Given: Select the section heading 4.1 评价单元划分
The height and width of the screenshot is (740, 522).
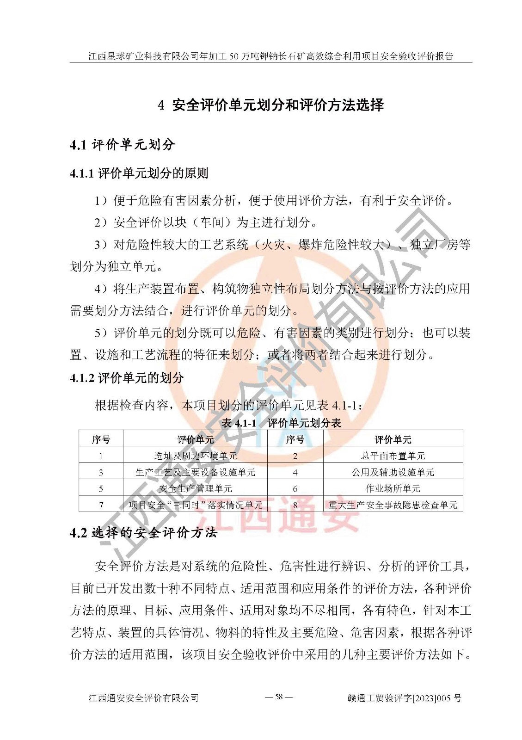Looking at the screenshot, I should [122, 145].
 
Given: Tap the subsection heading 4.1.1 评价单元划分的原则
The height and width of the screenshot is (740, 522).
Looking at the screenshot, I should [139, 173].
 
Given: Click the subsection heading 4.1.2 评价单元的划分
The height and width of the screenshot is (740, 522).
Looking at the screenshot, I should [127, 378].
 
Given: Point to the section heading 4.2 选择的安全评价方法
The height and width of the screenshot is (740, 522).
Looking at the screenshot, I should [143, 533].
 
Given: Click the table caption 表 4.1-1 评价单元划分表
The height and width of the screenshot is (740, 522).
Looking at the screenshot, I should [281, 423].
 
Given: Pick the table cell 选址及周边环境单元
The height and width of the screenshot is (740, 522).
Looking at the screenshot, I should [195, 456].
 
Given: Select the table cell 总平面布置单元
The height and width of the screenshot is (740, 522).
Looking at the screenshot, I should [393, 456].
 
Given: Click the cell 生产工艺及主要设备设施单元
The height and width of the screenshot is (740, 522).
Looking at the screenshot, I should [195, 472].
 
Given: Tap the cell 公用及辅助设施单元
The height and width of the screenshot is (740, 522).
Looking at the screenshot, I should [393, 472].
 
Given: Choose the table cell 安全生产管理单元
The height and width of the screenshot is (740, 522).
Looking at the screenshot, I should [195, 488].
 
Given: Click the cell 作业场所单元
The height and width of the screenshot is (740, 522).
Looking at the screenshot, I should [393, 488].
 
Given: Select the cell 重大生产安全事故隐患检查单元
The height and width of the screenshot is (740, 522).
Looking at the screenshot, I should [393, 505].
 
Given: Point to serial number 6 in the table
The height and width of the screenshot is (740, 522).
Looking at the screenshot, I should [295, 489].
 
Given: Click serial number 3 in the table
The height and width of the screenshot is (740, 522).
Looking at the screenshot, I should [101, 473].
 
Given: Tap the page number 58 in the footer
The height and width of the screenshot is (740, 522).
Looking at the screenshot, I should [279, 697].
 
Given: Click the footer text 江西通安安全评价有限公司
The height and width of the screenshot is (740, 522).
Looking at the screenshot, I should [143, 698].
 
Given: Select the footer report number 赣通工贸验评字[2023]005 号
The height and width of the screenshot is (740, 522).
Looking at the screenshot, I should [404, 698].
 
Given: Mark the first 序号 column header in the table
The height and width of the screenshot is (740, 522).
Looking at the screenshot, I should [101, 439].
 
